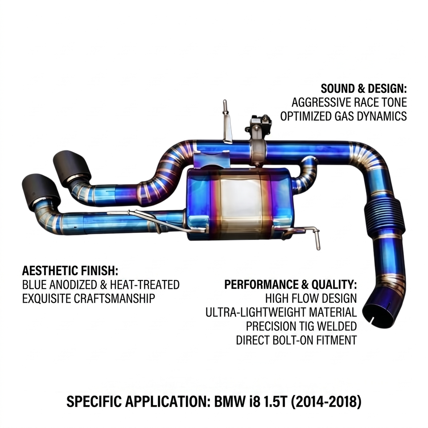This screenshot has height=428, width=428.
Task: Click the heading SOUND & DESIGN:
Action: click(x=364, y=89)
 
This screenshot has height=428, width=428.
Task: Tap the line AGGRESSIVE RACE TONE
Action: click(x=349, y=103)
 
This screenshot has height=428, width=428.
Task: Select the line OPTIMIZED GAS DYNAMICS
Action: click(x=343, y=116)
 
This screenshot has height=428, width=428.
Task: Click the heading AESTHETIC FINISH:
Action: click(x=70, y=271)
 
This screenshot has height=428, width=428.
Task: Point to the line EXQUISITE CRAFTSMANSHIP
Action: click(x=88, y=298)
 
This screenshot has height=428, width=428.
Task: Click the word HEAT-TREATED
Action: click(x=144, y=285)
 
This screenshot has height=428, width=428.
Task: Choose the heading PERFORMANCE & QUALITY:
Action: click(x=290, y=285)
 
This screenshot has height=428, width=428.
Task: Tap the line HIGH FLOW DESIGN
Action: click(x=311, y=298)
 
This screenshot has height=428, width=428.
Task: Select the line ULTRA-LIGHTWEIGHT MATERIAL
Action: click(x=281, y=312)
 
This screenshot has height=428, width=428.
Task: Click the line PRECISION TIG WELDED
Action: click(x=301, y=326)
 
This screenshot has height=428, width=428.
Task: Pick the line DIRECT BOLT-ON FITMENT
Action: click(x=296, y=340)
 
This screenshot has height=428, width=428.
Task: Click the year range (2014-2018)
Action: click(x=326, y=402)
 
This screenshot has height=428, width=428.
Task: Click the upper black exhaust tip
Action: click(x=72, y=165)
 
